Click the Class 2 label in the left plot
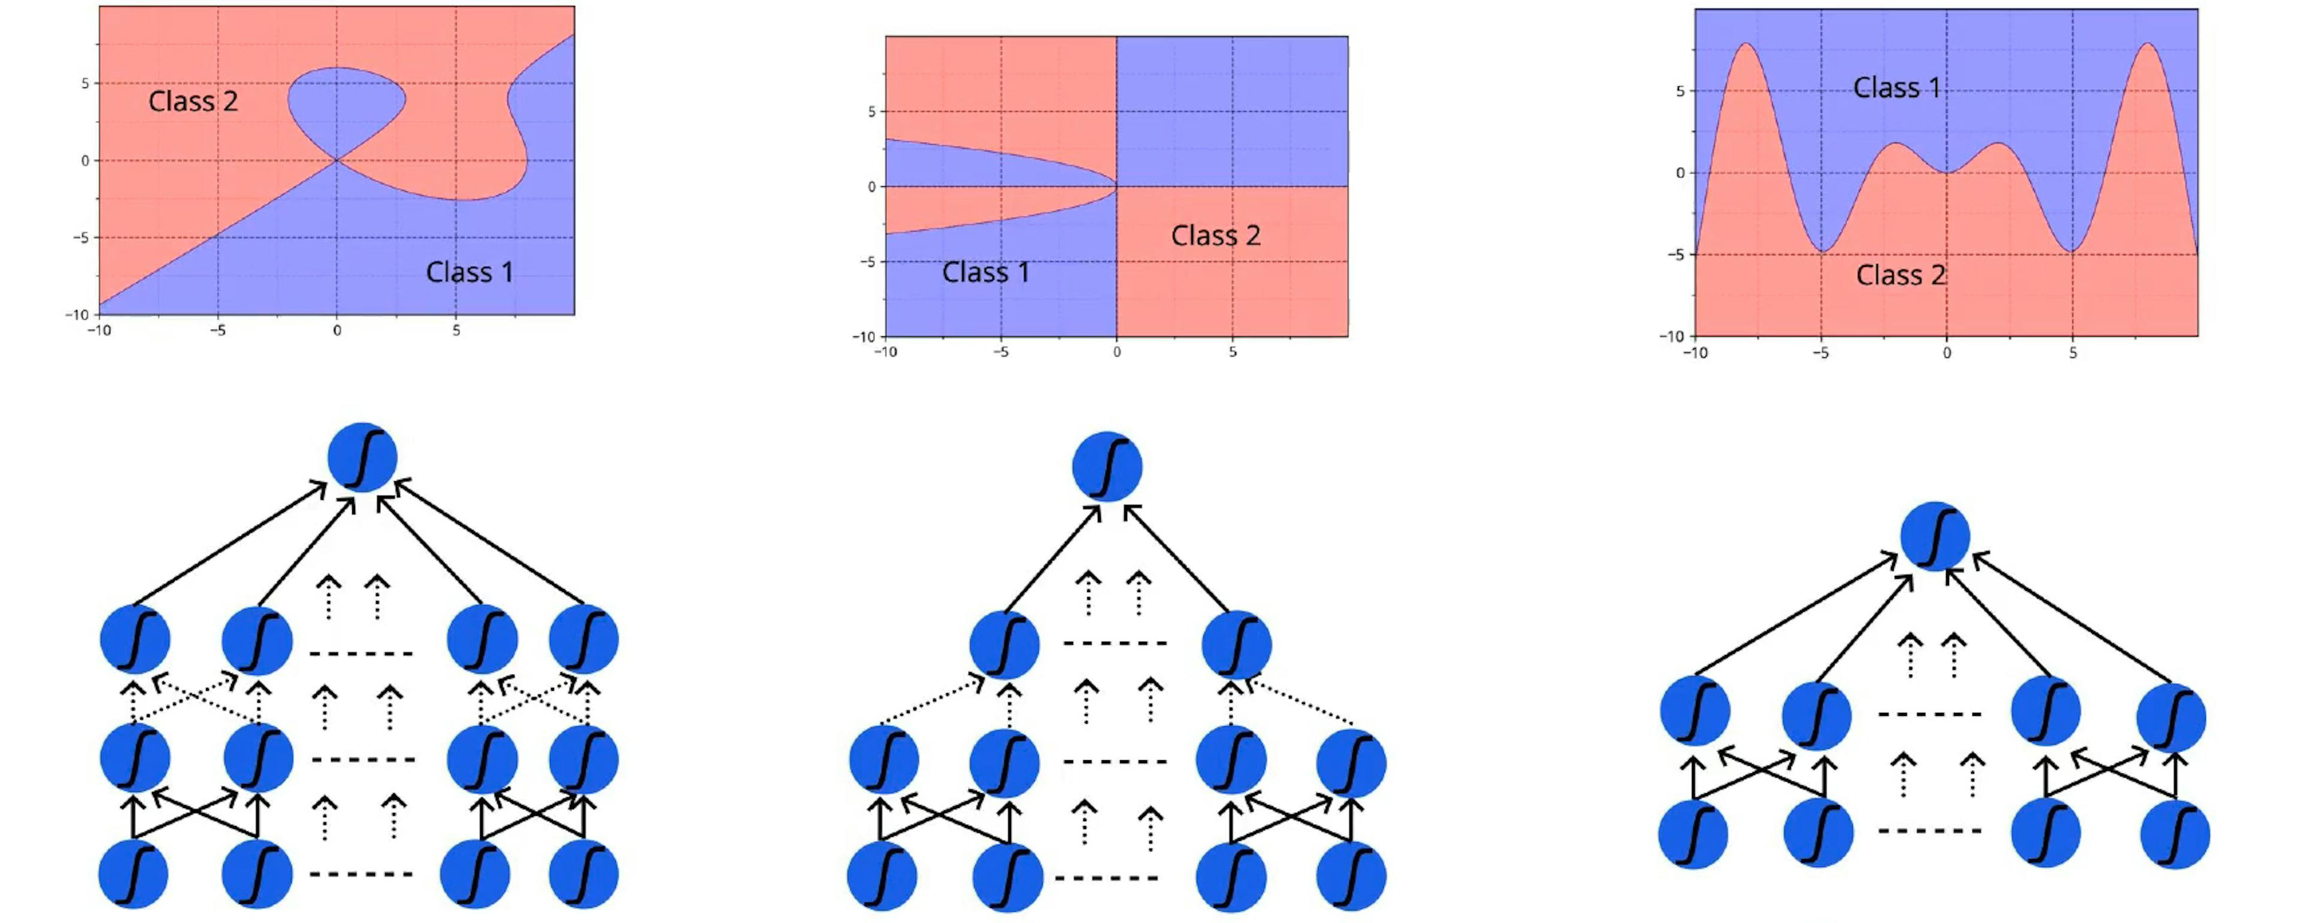193,101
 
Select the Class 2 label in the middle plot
1215,236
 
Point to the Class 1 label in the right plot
1896,87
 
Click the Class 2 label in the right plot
1900,275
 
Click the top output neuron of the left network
362,457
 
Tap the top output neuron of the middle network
1106,466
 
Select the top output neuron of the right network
1935,536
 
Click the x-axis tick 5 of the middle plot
1232,353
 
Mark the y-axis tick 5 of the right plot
1679,91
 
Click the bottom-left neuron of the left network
133,873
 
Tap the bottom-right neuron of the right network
2175,834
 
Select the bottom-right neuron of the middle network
1351,876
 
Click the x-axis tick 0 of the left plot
337,330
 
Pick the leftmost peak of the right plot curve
1745,45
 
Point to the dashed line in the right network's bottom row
1929,831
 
